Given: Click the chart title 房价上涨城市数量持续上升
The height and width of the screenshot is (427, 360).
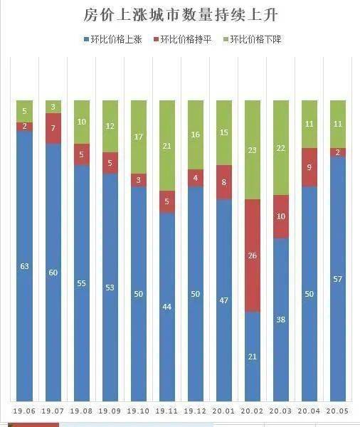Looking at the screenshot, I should click(179, 16).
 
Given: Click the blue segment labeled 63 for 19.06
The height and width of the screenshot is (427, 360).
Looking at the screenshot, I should click(25, 266).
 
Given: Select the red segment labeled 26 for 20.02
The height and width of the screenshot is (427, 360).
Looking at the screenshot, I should click(253, 255).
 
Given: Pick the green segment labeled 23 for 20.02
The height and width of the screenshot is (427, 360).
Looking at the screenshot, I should click(253, 149).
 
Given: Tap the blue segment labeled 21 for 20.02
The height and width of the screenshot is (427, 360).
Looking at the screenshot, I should click(253, 356).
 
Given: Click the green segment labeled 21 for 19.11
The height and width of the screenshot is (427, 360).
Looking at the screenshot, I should click(167, 145).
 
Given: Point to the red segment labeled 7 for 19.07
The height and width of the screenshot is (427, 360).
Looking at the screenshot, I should click(53, 128).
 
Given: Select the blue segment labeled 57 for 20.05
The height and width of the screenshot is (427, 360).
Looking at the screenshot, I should click(338, 279).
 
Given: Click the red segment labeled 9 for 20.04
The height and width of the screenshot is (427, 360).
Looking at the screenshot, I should click(309, 167).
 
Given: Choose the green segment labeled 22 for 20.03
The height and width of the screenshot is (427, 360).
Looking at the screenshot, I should click(281, 147).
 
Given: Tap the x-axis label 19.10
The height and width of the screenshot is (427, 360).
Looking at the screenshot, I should click(139, 411).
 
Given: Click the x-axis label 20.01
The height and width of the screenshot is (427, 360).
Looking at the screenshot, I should click(224, 411).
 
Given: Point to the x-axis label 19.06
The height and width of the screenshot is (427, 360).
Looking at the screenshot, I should click(25, 411).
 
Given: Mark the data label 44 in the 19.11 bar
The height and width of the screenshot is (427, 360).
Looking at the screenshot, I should click(167, 307).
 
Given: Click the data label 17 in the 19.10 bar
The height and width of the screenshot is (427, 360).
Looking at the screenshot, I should click(139, 137).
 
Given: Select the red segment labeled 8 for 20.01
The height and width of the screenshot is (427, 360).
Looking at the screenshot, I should click(224, 182).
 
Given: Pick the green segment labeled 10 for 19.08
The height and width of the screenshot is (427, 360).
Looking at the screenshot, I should click(82, 122).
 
